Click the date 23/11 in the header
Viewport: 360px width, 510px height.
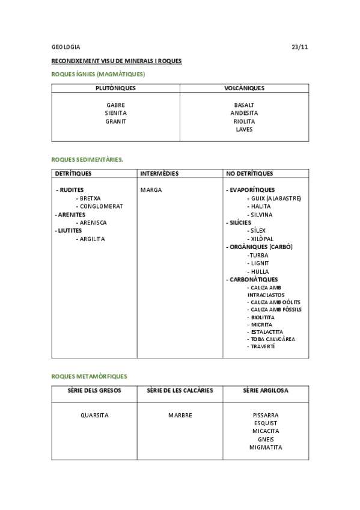(x=299, y=47)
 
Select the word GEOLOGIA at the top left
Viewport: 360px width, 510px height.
(x=66, y=47)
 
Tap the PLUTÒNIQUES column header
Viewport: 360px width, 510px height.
(x=115, y=88)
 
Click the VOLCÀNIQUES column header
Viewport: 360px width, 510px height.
(x=244, y=88)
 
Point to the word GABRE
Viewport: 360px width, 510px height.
(x=115, y=105)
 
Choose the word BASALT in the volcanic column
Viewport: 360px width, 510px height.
(x=244, y=105)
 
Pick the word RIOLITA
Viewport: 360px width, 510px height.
(x=244, y=121)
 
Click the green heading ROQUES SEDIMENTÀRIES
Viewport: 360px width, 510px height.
(x=88, y=159)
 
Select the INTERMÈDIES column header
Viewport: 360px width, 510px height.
(x=159, y=174)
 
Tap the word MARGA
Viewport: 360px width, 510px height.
(x=151, y=190)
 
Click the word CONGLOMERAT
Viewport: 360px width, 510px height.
(x=102, y=206)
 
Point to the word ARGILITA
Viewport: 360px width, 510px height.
(x=93, y=239)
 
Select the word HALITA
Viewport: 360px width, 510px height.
(x=261, y=206)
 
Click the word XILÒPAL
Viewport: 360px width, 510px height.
(x=263, y=239)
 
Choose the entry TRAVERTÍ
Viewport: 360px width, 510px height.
(x=263, y=346)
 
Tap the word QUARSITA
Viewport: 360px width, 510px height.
(x=94, y=415)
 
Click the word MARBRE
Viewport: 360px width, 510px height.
(x=180, y=415)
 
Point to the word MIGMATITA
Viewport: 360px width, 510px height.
(x=266, y=447)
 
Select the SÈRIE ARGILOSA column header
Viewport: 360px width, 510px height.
(x=266, y=390)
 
